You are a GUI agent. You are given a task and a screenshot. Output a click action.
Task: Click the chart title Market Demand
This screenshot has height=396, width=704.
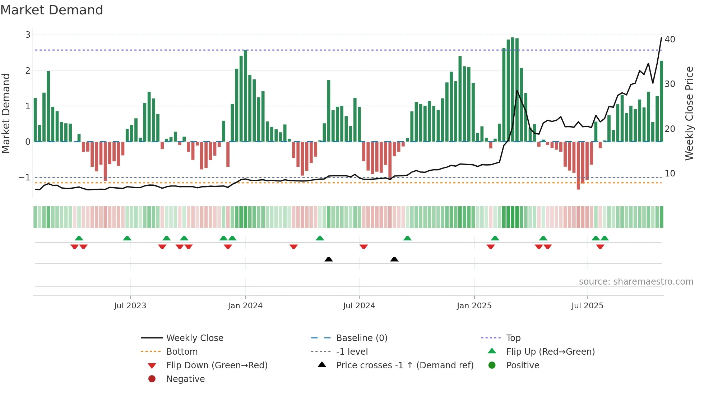click(x=52, y=10)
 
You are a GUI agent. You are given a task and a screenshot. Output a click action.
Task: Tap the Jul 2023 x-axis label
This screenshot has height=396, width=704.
click(x=130, y=306)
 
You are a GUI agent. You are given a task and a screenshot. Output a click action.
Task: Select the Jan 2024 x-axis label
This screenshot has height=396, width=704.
click(x=245, y=306)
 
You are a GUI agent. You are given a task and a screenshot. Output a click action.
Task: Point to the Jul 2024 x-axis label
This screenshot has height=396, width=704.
click(x=359, y=306)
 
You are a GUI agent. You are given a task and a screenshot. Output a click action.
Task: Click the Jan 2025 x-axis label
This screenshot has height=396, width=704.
click(x=474, y=306)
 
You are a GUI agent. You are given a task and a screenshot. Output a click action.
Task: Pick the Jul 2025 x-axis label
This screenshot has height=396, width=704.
click(x=588, y=306)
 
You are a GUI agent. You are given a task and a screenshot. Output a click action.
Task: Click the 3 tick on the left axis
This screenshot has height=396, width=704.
click(x=28, y=35)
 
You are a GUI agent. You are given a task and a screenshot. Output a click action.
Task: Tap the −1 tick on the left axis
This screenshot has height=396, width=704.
click(x=24, y=178)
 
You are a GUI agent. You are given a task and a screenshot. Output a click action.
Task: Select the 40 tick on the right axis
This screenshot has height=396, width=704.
click(x=670, y=40)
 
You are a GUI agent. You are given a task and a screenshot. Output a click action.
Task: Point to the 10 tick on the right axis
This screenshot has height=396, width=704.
click(x=670, y=174)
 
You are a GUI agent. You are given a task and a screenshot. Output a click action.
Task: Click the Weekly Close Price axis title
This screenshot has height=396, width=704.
click(x=689, y=113)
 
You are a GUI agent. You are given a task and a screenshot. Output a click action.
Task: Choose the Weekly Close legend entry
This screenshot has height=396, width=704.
click(x=195, y=338)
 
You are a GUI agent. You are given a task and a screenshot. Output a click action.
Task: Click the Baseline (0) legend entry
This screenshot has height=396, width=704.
click(x=362, y=338)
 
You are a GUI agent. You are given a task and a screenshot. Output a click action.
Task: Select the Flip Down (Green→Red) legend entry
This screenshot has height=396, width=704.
click(x=217, y=365)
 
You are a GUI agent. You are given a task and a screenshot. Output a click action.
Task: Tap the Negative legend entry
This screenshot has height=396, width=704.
click(x=185, y=379)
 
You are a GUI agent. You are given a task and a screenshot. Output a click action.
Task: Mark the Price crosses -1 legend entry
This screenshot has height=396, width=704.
click(x=405, y=365)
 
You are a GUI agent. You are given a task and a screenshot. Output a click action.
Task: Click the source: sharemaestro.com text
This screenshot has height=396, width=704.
click(x=636, y=282)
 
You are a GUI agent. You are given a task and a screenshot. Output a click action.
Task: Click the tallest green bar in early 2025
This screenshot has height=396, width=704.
click(x=513, y=90)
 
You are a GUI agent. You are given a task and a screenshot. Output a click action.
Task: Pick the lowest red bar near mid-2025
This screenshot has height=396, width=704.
click(x=578, y=165)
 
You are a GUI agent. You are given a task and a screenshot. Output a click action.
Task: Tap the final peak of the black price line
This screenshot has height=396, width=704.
click(x=661, y=38)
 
